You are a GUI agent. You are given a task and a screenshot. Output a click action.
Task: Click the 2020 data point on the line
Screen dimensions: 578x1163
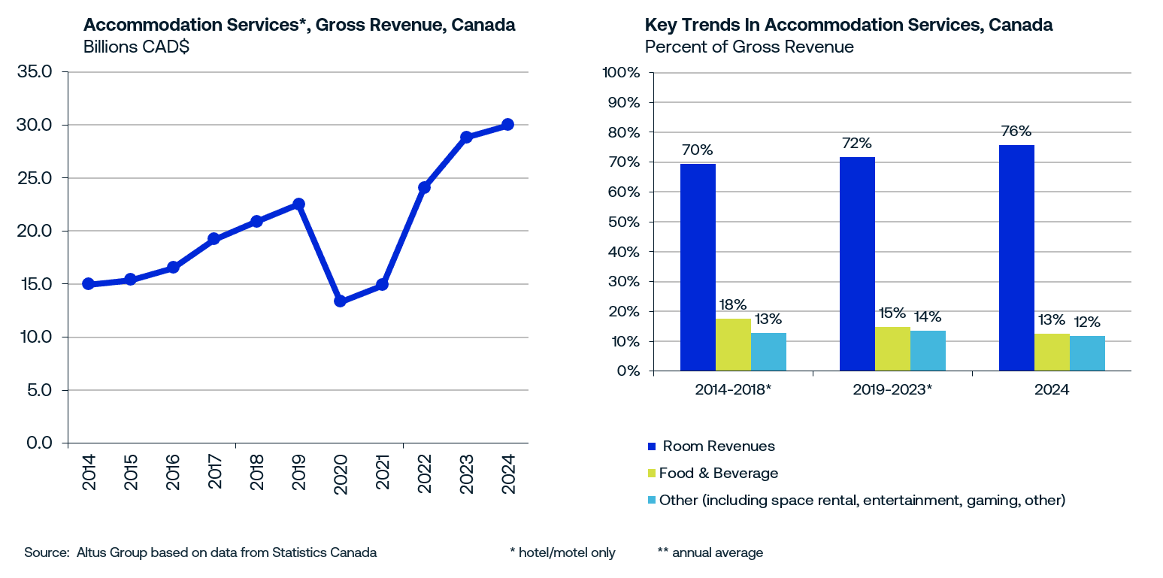tap(340, 301)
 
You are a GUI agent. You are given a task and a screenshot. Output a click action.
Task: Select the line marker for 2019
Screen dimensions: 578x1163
tap(298, 204)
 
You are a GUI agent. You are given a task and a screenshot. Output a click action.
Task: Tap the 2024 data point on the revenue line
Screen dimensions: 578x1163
tap(507, 124)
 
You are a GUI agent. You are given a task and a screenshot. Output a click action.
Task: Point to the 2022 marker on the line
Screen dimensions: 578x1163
tap(424, 187)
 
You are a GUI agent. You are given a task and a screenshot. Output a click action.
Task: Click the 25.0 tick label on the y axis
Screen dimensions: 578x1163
tap(36, 178)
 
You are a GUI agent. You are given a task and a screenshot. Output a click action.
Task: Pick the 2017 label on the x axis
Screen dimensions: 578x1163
tap(215, 472)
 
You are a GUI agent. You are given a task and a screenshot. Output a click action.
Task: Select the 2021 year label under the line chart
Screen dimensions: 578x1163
tap(383, 472)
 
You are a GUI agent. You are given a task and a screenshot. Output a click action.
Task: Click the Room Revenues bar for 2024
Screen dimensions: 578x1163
tap(1016, 258)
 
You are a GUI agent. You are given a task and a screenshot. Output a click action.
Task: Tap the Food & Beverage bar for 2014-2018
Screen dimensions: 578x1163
tap(733, 344)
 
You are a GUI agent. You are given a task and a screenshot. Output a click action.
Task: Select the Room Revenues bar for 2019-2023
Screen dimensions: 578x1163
tap(857, 264)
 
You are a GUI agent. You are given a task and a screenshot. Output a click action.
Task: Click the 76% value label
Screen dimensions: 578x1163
tap(1016, 132)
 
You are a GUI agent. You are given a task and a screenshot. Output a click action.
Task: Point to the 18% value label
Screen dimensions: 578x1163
tap(733, 304)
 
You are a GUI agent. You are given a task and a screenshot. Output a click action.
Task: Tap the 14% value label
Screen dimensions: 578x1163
tap(927, 316)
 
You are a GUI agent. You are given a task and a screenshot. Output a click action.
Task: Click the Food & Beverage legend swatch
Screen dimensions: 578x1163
tap(652, 474)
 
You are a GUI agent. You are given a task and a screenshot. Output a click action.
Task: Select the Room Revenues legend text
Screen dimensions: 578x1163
tap(718, 446)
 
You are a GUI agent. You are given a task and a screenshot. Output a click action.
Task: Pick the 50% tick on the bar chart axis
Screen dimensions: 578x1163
tap(621, 222)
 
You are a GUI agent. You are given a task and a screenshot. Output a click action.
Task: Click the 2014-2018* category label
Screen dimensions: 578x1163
tap(734, 391)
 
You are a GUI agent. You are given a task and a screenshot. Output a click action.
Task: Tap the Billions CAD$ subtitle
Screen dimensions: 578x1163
tap(136, 47)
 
